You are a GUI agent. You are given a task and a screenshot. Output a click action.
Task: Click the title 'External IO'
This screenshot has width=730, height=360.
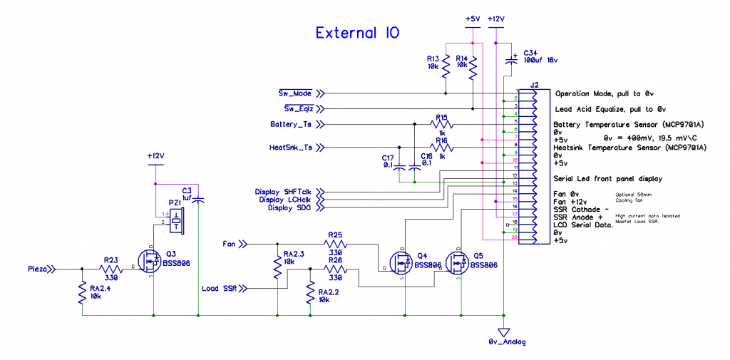tap(357, 33)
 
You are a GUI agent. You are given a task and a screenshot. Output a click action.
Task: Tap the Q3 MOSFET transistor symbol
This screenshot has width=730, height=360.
tap(150, 261)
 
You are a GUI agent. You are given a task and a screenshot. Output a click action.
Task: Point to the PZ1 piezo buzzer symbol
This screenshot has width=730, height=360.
tap(175, 218)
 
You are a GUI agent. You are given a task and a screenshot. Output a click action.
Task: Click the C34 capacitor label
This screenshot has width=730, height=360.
tap(532, 53)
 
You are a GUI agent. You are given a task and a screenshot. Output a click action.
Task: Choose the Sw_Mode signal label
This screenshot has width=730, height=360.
tap(294, 93)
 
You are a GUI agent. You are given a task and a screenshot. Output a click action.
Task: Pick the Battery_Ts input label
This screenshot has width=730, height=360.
tap(291, 124)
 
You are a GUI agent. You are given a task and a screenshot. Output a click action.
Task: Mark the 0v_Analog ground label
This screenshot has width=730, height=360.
tap(507, 343)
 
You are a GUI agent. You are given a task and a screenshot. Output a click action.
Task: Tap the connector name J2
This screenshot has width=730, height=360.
tap(534, 85)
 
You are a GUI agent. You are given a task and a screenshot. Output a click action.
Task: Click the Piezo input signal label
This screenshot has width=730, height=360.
tap(38, 269)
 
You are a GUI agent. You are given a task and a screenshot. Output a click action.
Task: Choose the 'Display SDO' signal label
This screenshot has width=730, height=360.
tap(289, 207)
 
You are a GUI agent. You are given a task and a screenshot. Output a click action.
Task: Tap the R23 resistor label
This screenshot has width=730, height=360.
tap(111, 260)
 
